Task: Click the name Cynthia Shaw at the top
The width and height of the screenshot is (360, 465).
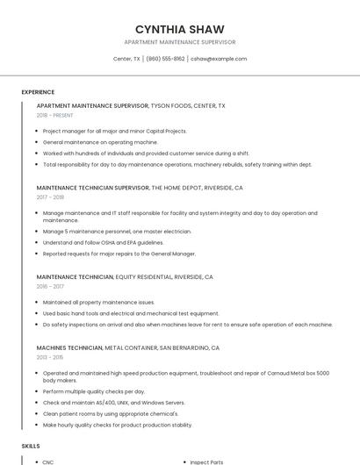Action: pyautogui.click(x=180, y=29)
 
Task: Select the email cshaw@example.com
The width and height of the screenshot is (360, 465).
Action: pyautogui.click(x=219, y=59)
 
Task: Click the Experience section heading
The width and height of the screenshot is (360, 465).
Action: pyautogui.click(x=38, y=92)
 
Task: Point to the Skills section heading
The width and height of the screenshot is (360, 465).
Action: pyautogui.click(x=31, y=446)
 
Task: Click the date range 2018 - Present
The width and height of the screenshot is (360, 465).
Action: pyautogui.click(x=55, y=115)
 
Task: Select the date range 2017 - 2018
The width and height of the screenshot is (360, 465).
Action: pyautogui.click(x=50, y=197)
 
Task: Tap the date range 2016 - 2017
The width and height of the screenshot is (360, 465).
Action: pyautogui.click(x=50, y=286)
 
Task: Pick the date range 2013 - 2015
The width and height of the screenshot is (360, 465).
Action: pyautogui.click(x=50, y=357)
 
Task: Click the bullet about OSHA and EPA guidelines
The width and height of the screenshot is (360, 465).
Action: pyautogui.click(x=103, y=242)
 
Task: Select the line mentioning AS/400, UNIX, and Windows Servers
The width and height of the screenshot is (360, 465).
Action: pyautogui.click(x=113, y=402)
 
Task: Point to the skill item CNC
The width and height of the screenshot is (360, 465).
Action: pyautogui.click(x=48, y=461)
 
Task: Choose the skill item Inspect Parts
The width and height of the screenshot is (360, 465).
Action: pyautogui.click(x=207, y=461)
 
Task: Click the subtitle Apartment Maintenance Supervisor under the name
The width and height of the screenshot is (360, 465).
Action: pyautogui.click(x=180, y=42)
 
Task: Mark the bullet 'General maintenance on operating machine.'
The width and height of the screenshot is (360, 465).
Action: pyautogui.click(x=100, y=141)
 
